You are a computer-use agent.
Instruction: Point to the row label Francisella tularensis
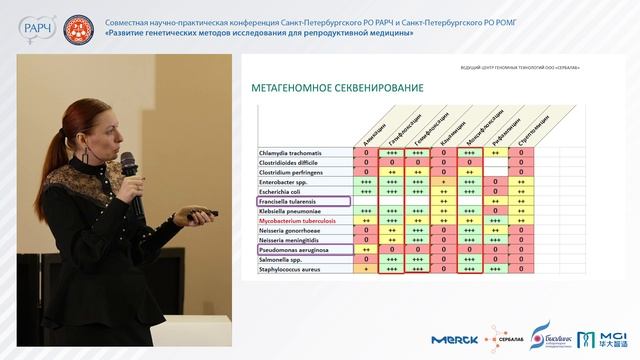click(292, 201)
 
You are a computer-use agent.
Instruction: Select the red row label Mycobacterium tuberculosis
click(301, 221)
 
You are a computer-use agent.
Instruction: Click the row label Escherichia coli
click(284, 191)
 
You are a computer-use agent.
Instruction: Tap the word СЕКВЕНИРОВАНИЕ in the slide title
click(381, 88)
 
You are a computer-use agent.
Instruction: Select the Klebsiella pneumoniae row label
click(294, 211)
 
